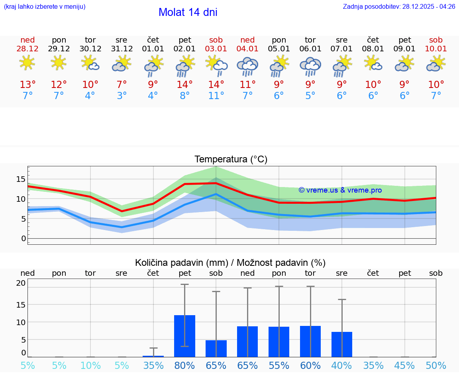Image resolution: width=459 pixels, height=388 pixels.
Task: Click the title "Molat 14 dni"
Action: [x=188, y=12]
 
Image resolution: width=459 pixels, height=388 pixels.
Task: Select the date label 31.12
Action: [x=122, y=49]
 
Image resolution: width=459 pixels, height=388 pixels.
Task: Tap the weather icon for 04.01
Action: [x=247, y=66]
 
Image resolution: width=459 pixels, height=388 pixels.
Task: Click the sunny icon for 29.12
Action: [x=59, y=62]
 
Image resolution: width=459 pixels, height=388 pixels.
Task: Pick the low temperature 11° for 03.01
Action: [x=216, y=96]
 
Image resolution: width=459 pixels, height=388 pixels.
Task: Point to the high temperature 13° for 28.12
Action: [x=27, y=85]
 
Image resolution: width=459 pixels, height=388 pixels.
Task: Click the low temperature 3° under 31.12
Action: [x=122, y=96]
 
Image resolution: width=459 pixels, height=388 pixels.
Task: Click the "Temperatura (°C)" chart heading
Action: [x=231, y=160]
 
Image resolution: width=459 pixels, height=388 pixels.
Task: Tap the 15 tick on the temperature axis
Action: [x=21, y=179]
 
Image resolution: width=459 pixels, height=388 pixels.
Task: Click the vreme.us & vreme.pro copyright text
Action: [x=340, y=190]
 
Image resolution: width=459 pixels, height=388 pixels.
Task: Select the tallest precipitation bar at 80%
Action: [x=184, y=336]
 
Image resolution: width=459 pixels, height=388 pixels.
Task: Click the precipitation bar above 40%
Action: [x=341, y=344]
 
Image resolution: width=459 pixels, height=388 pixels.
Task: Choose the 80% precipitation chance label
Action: [x=184, y=366]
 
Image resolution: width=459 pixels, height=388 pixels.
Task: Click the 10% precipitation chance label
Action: [x=90, y=366]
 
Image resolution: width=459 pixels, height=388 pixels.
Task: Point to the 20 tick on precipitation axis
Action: [x=21, y=283]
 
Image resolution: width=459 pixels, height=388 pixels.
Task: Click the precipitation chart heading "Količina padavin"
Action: [x=230, y=263]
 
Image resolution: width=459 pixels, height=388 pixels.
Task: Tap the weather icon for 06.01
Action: [x=310, y=66]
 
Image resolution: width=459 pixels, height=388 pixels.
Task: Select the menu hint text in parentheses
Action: [x=45, y=7]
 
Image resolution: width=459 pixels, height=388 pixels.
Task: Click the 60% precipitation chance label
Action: [x=310, y=366]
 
